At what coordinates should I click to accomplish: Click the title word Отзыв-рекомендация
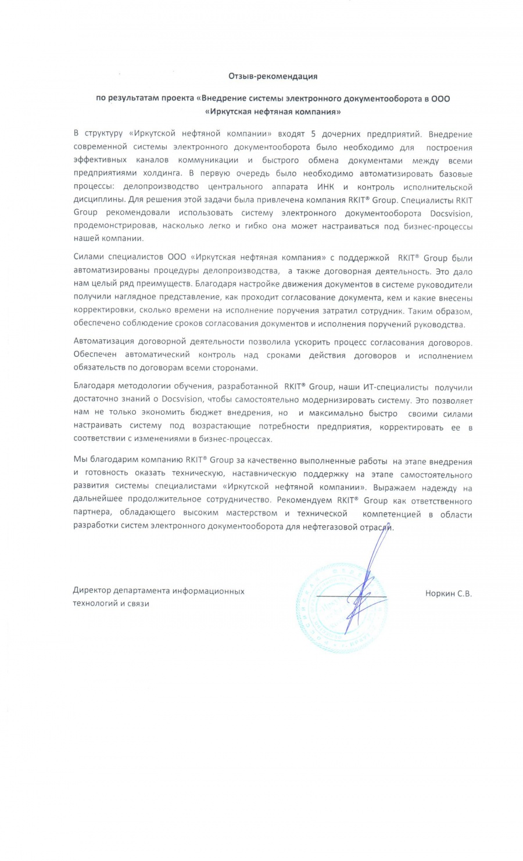(x=273, y=76)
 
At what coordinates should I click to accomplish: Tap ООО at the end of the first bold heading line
(x=440, y=99)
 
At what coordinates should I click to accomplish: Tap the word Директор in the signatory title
(x=92, y=591)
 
